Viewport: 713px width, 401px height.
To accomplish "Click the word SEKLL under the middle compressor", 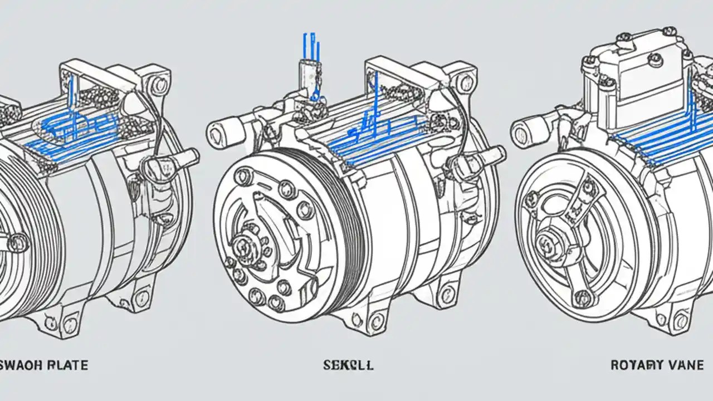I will point(348,365).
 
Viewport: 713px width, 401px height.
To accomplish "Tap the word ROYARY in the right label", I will point(634,365).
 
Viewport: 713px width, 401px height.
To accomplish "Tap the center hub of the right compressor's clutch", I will point(547,244).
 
